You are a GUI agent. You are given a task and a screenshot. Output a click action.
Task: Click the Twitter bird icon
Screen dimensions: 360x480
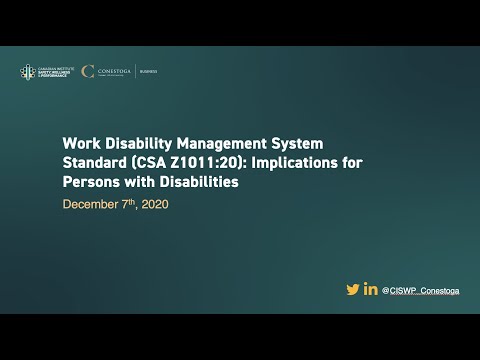point(352,289)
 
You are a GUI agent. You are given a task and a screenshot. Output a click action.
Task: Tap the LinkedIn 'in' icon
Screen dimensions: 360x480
point(371,289)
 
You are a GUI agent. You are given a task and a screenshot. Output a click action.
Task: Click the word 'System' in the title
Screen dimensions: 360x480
point(292,143)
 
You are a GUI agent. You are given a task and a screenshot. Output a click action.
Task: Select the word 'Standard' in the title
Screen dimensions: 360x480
point(97,163)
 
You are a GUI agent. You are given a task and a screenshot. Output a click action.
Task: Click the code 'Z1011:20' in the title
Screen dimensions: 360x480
point(205,163)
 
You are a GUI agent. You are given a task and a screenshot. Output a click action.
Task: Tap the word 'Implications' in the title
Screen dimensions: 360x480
point(296,163)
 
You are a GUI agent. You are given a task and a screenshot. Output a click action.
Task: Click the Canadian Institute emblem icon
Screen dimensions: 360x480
point(27,71)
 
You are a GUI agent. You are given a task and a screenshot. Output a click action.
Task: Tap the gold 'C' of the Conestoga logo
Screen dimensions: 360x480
point(89,71)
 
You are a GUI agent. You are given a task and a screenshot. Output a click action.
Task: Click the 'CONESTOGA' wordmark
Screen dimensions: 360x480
point(113,70)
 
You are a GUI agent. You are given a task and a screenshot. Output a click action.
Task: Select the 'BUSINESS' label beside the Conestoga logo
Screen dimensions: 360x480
point(148,71)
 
